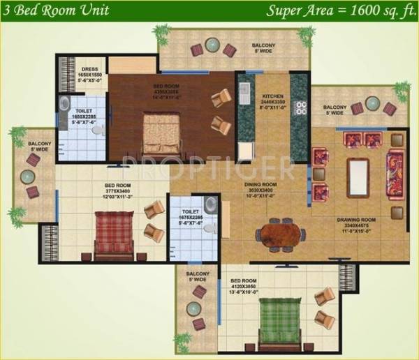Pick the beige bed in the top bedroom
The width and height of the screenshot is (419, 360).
163,136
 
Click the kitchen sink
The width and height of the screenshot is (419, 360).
244,90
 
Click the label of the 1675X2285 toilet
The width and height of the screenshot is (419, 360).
190,217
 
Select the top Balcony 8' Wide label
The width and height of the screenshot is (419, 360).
265,47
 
